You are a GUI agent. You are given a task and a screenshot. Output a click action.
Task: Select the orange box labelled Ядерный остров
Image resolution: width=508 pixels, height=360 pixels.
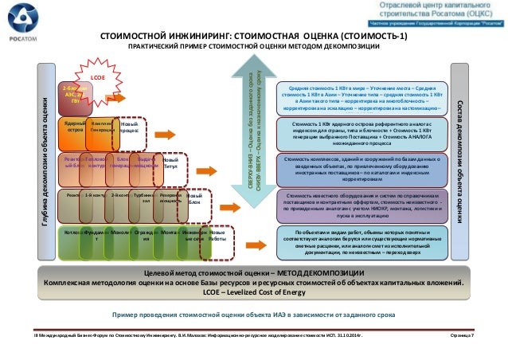(x=75, y=128)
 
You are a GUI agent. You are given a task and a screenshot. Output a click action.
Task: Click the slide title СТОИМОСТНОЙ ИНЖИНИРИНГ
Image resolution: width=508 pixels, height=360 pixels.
(x=252, y=37)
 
